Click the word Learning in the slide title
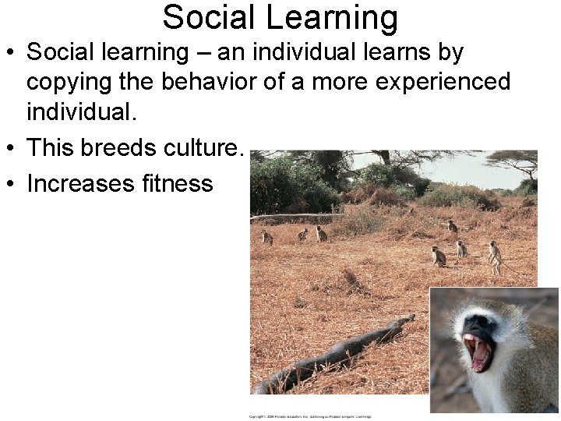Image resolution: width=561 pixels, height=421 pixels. [337, 17]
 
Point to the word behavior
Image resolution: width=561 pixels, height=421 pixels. [192, 81]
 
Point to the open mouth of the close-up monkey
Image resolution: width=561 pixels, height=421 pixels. [478, 351]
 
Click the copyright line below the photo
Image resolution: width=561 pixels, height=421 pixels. [310, 416]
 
